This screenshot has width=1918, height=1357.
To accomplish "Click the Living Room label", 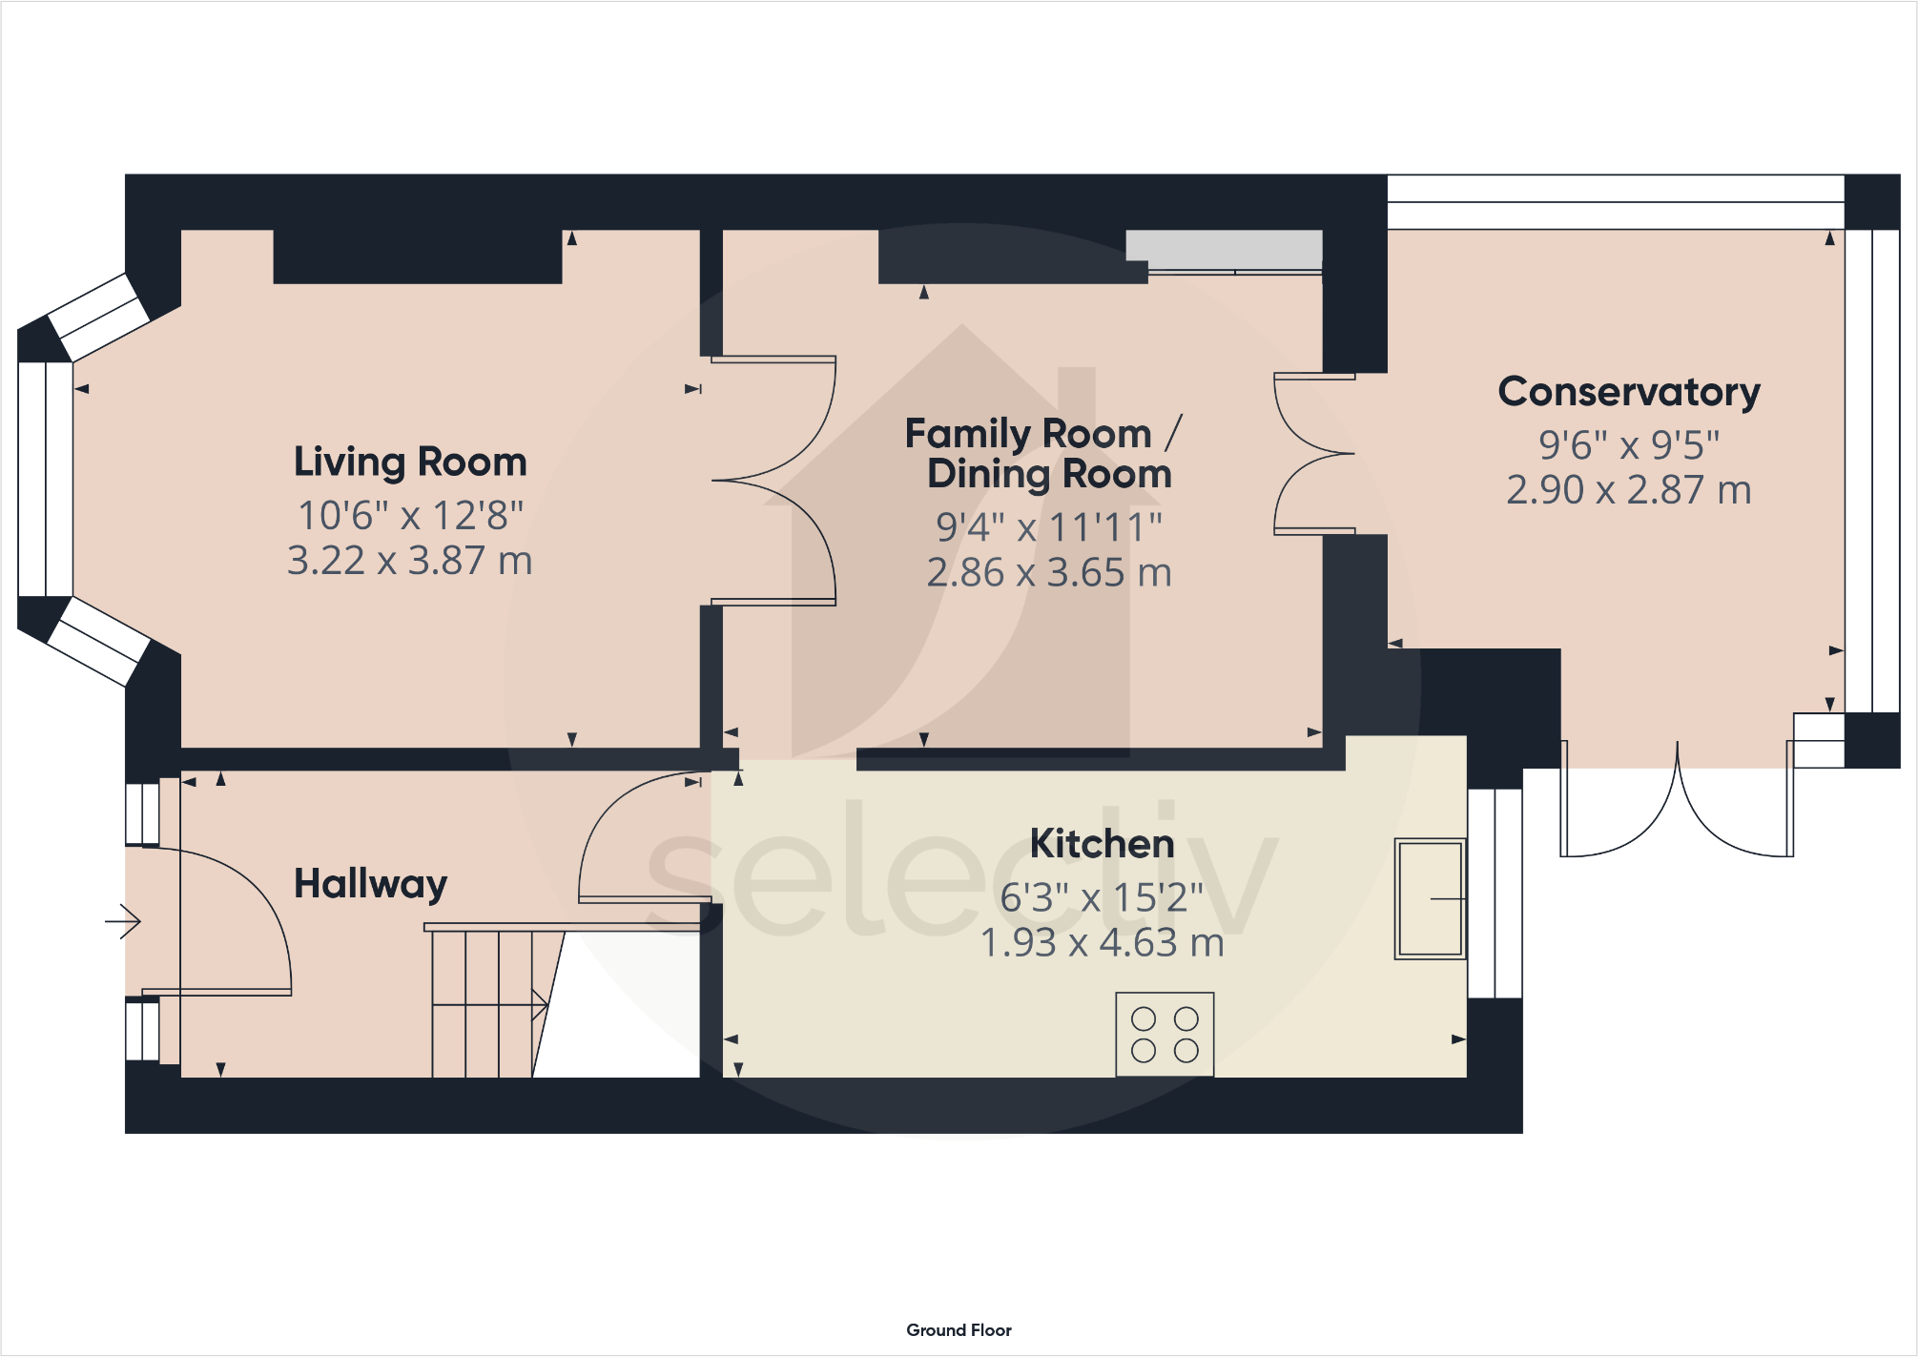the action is (x=410, y=463).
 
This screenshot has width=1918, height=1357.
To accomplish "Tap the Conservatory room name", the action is (x=1629, y=392).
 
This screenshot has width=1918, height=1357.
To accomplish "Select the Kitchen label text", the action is (x=1102, y=844).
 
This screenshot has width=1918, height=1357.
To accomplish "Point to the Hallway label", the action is (x=370, y=885).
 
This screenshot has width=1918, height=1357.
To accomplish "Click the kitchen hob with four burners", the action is (x=1165, y=1035).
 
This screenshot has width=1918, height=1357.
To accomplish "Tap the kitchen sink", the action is (x=1430, y=898).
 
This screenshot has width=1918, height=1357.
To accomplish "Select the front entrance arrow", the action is (x=123, y=921).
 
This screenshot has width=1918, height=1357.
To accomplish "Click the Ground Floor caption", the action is (x=959, y=1330).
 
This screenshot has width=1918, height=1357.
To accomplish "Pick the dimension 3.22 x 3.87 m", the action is (x=410, y=561).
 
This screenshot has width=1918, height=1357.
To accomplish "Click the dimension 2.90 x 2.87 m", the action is (x=1629, y=490).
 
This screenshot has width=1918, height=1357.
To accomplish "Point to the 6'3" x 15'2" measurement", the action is (x=1102, y=897).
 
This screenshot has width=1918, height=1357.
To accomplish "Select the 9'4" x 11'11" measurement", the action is (x=1049, y=527).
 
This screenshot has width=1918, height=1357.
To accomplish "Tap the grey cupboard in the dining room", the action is (x=1224, y=250).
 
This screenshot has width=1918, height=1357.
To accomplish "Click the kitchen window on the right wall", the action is (x=1495, y=893).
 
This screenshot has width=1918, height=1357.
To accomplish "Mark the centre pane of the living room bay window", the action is (x=45, y=479).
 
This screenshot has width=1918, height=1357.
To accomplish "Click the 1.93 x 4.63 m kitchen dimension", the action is (x=1102, y=943).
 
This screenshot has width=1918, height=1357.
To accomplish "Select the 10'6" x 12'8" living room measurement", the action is (x=410, y=516).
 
